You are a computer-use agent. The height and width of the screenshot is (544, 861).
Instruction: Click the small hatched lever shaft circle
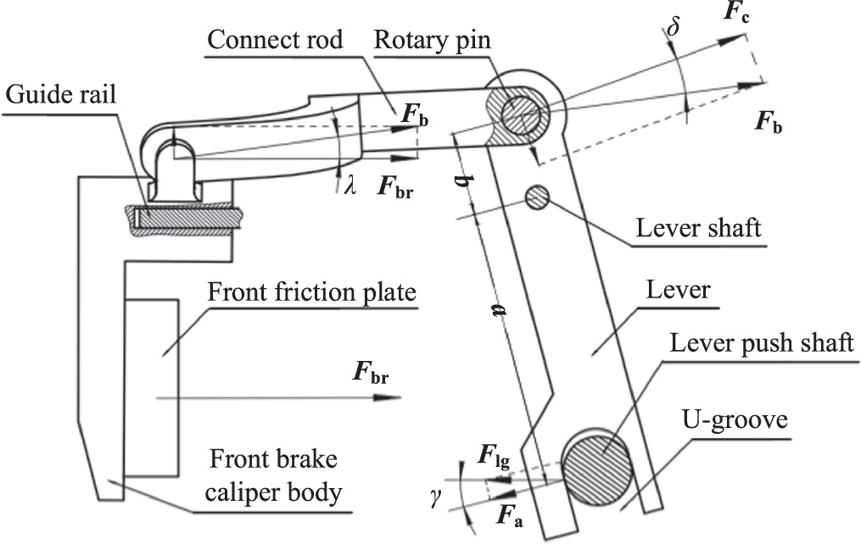pyautogui.click(x=537, y=197)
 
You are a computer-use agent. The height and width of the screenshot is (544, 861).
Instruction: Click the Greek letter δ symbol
pyautogui.click(x=674, y=28)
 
